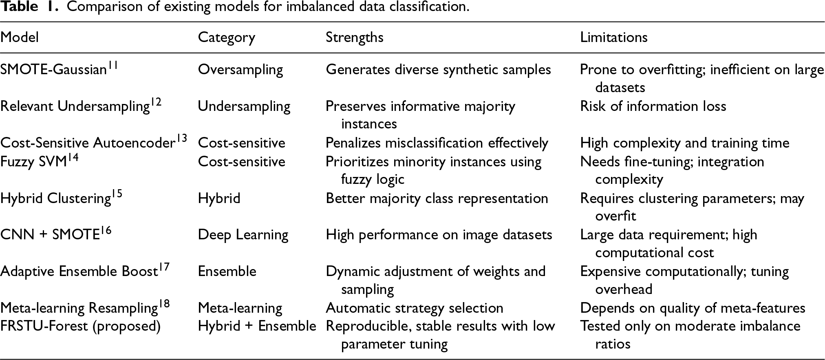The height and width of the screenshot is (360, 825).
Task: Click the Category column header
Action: [227, 38]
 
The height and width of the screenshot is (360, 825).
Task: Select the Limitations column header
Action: [614, 38]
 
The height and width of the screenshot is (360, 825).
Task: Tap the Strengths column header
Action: [355, 38]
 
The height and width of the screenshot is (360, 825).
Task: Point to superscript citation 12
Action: [156, 102]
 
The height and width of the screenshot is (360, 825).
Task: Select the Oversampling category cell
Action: [240, 70]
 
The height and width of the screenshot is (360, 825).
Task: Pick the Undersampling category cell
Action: [244, 106]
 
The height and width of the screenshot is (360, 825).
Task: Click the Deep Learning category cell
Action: [243, 235]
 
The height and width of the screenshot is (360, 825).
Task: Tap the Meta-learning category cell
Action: [240, 308]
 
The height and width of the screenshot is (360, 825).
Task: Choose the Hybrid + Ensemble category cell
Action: [257, 326]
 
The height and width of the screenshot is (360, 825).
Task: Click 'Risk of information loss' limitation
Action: [653, 106]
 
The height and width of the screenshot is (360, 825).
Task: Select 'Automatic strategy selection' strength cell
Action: [415, 308]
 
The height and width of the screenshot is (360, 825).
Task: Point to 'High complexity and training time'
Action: [685, 143]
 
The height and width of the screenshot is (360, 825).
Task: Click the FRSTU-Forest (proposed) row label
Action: [80, 326]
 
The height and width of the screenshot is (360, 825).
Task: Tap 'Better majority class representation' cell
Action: [437, 198]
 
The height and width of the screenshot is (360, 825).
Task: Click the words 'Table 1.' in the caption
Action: [29, 7]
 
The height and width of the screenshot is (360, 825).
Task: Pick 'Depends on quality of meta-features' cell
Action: [693, 308]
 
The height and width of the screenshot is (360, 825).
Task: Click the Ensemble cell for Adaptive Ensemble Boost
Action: [227, 272]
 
